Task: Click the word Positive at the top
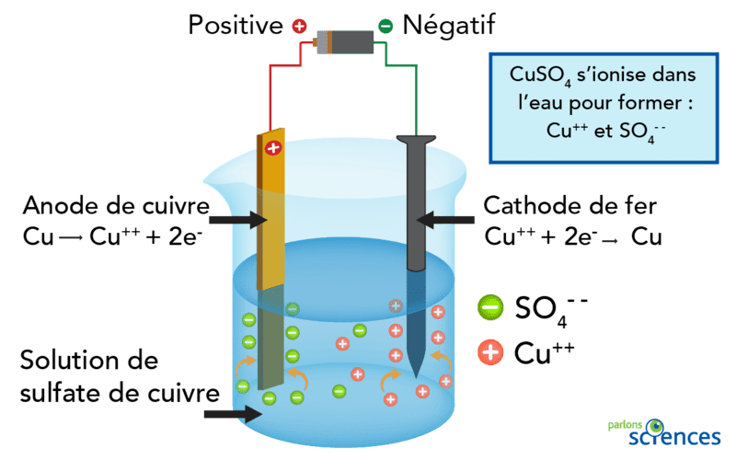(235, 25)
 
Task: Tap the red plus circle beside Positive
(299, 26)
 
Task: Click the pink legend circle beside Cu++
(490, 351)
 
